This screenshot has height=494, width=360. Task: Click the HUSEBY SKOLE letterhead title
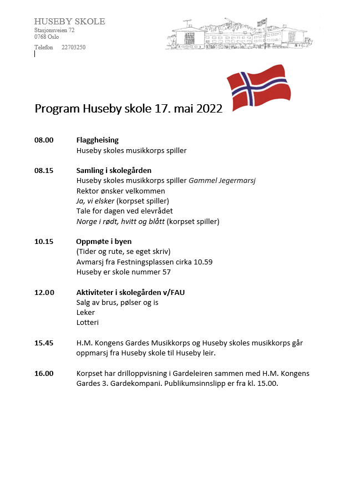click(x=69, y=22)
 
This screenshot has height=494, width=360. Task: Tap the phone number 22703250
click(x=73, y=47)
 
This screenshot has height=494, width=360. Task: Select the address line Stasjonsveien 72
click(x=54, y=30)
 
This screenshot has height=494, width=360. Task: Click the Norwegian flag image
click(x=258, y=88)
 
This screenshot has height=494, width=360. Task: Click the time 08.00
click(x=44, y=140)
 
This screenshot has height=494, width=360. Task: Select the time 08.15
click(x=44, y=171)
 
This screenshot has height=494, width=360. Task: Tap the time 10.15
click(x=44, y=241)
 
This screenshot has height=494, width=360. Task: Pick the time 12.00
click(x=44, y=292)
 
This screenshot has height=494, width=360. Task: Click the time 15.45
click(x=44, y=343)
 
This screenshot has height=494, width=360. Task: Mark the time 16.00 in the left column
click(x=44, y=373)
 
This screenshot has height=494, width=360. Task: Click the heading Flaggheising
click(x=97, y=140)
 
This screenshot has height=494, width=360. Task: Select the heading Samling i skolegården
click(x=114, y=171)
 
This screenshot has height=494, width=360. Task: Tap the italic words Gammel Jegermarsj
click(x=222, y=181)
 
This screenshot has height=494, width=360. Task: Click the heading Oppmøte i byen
click(x=104, y=241)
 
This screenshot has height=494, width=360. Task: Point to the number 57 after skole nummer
click(x=166, y=272)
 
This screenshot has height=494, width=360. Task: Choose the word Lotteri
click(x=87, y=323)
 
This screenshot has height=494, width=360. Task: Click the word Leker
click(x=85, y=312)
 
